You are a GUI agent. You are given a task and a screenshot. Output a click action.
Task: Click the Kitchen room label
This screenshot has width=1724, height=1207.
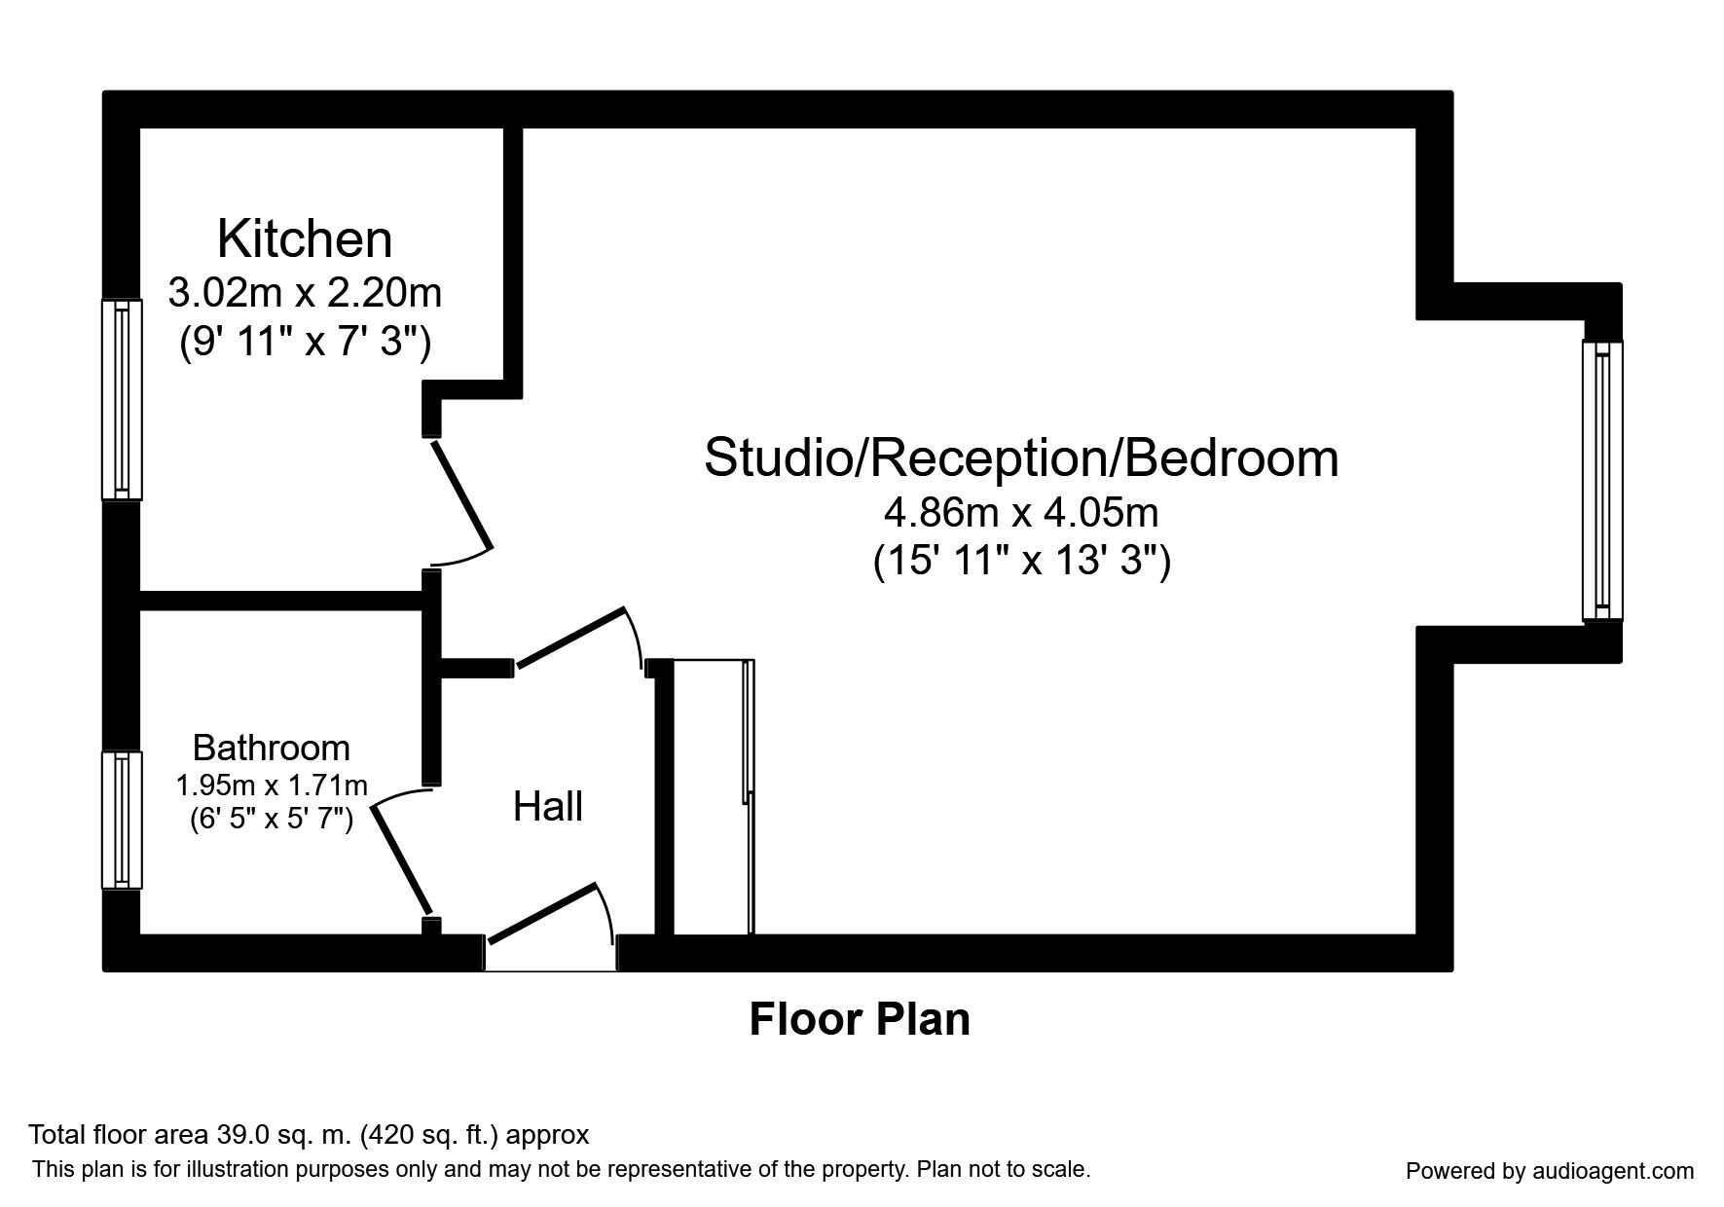point(305,239)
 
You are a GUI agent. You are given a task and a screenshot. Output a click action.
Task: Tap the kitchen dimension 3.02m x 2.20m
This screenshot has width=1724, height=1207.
point(305,291)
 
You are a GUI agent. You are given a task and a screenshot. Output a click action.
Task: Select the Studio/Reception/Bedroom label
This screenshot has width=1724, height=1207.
point(1021,457)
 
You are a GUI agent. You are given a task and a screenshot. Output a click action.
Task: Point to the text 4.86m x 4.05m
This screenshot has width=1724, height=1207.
point(1021,511)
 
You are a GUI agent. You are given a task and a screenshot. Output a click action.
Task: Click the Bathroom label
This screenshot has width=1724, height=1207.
point(271,748)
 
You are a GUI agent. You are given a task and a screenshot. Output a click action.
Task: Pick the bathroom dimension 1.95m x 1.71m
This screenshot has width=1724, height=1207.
point(271,785)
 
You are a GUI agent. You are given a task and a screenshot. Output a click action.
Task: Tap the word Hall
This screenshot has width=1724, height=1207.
point(548,807)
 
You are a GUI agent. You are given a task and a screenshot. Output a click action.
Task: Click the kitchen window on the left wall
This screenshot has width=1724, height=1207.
point(122,399)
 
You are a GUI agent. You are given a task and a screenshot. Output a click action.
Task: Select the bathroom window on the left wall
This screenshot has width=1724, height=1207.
point(122,820)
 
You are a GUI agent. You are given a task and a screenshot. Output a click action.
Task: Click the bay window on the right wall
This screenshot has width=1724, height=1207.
point(1602,480)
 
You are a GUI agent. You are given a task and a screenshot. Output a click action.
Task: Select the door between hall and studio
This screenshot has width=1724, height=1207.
point(570,639)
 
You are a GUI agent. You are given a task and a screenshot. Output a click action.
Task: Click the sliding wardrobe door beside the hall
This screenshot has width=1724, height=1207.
point(748,796)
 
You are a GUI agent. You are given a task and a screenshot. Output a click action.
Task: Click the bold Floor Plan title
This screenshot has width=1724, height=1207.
point(860,1020)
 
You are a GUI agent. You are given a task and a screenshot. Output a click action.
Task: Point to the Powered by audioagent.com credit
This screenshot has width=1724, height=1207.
point(1550,1171)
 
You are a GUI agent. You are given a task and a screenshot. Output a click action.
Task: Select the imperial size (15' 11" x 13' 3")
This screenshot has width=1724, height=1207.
point(1021,563)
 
